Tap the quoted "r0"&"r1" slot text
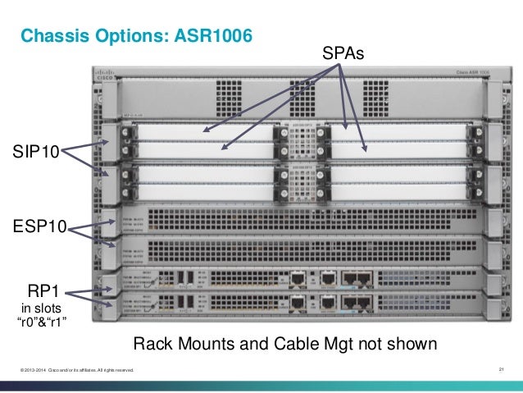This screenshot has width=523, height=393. (42, 321)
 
